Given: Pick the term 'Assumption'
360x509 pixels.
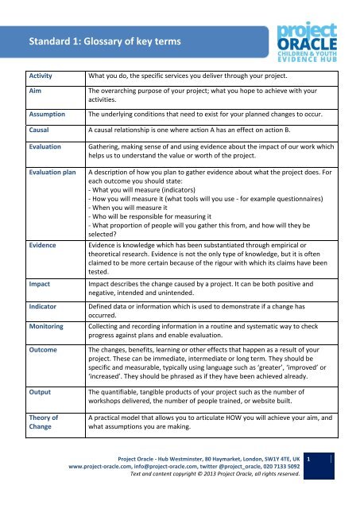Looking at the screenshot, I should click(x=50, y=114).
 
